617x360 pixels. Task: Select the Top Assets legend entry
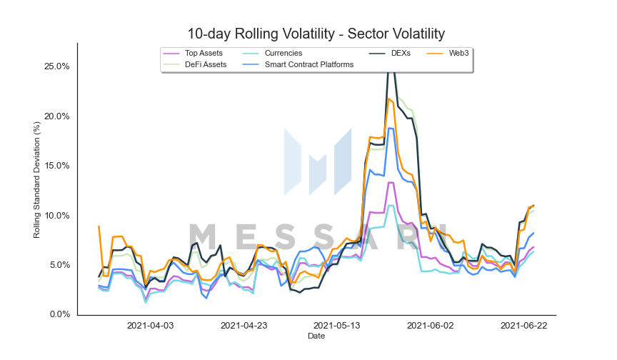coord(193,53)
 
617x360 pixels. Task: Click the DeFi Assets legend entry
coord(195,64)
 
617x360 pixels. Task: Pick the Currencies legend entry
coord(272,53)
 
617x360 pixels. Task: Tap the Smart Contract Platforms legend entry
coord(298,64)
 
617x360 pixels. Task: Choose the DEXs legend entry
coord(390,53)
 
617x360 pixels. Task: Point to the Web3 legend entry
coord(448,53)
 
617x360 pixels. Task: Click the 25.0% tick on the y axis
coord(57,66)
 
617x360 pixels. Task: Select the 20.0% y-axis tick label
coord(57,116)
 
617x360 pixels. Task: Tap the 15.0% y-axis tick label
coord(57,166)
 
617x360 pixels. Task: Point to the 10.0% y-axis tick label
coord(57,216)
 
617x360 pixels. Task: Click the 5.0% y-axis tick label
coord(60,265)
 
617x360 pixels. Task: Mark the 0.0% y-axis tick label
coord(60,314)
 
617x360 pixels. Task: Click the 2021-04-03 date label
coord(150,326)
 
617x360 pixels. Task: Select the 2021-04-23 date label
coord(244,326)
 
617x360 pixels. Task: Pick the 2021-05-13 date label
coord(337,326)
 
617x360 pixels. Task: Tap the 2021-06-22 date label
coord(523,326)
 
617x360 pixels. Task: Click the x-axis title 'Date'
coord(316,336)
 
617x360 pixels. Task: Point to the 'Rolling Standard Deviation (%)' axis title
coord(36,180)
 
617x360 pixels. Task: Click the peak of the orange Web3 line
coord(388,99)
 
